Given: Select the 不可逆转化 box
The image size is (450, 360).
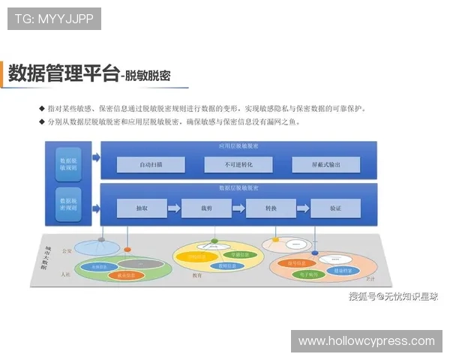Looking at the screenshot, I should tap(238, 164).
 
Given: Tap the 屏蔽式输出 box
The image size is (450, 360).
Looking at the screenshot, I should tap(325, 164).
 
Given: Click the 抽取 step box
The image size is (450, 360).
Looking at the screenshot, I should tap(142, 208).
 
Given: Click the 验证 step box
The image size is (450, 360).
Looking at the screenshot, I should tap(335, 208).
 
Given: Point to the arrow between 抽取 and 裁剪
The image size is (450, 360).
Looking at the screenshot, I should tap(174, 208).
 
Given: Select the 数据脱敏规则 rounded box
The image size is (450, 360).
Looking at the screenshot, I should tap(68, 164).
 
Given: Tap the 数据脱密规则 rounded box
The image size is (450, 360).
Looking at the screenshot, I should tap(68, 205).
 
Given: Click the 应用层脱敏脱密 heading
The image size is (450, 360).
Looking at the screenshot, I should tap(238, 146).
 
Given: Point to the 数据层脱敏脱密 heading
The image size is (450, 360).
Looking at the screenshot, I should tap(238, 188).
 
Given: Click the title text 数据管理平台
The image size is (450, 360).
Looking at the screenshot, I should tap(63, 73).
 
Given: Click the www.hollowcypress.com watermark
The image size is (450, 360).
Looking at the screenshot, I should tap(366, 341).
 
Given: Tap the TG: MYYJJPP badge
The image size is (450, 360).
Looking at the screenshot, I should tap(54, 19).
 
